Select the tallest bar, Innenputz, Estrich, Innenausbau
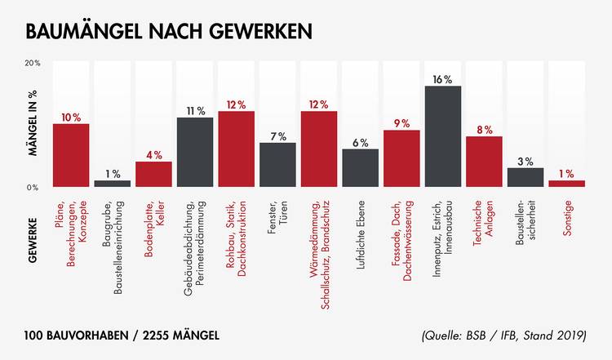tap(442, 136)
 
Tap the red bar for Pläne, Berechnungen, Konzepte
tap(71, 155)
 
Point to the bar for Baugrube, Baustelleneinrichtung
tap(113, 184)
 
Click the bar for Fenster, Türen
tap(277, 165)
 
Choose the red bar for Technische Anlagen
tap(484, 162)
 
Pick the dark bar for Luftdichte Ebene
tap(360, 168)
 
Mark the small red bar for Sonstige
tap(566, 184)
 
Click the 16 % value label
tap(443, 79)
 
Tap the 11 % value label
tap(195, 111)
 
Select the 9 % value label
tap(401, 123)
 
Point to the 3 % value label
tap(526, 162)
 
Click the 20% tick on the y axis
tap(33, 63)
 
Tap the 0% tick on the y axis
tap(33, 188)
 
